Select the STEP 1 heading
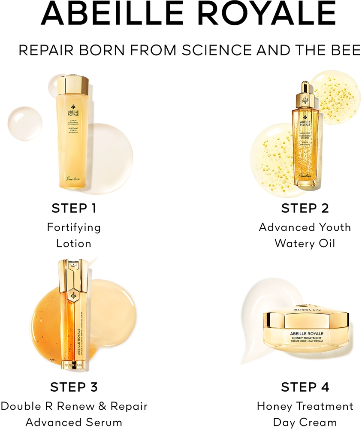74,208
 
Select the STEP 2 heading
305,208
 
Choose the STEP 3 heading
74,387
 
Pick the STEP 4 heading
305,387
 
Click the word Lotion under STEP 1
74,244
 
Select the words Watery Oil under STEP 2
305,244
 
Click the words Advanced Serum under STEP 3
74,422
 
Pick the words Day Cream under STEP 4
305,422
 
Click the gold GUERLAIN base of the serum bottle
74,366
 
